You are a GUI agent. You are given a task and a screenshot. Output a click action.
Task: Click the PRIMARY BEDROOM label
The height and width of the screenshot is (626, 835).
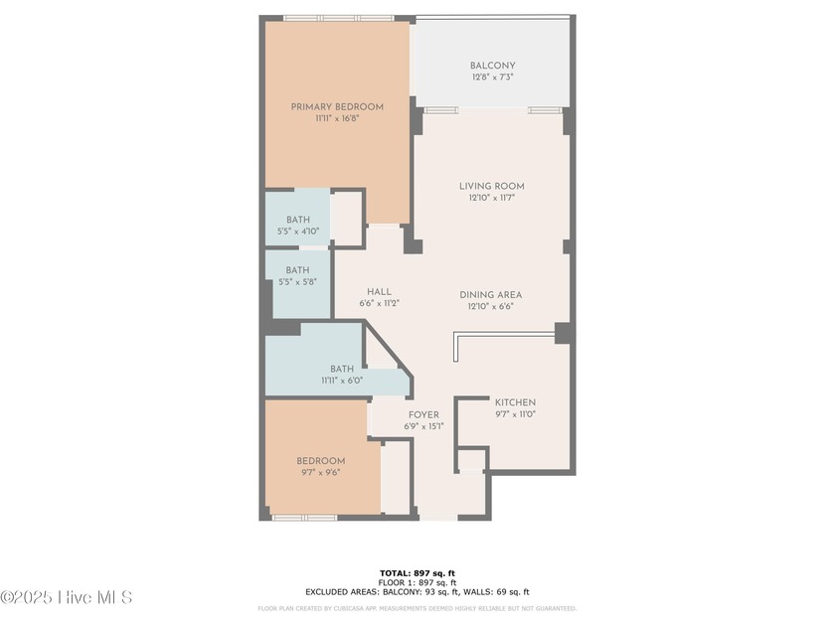pos(336,107)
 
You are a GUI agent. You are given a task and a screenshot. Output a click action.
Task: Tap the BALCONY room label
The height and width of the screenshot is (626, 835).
pos(492,67)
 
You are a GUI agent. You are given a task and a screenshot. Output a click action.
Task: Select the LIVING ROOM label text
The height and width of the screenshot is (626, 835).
pos(491,186)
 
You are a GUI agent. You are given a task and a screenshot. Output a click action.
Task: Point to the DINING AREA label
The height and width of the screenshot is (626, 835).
pos(490,295)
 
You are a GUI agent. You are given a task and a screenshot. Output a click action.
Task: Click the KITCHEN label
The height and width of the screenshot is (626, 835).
pos(515,401)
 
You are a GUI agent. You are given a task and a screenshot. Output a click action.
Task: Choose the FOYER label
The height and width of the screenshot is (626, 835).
pos(423,414)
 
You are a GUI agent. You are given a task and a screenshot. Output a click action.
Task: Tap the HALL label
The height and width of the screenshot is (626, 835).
pos(379,291)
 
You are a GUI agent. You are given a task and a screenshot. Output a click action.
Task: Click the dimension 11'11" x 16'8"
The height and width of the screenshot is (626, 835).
pos(336,118)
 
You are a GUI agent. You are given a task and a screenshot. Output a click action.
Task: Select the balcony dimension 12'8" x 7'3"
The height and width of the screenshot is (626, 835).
pos(492,78)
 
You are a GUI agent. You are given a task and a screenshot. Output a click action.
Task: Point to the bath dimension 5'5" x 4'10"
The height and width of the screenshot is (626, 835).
pos(298,231)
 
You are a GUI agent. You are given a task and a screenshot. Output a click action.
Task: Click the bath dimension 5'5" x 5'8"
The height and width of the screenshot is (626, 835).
pos(297,281)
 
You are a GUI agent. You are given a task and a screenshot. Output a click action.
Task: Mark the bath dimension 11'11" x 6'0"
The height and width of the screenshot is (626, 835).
pos(342,380)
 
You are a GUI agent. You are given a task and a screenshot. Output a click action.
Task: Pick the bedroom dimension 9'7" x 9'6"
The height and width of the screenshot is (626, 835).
pos(321,472)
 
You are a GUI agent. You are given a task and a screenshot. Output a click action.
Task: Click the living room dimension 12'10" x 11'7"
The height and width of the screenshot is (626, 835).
pos(491,198)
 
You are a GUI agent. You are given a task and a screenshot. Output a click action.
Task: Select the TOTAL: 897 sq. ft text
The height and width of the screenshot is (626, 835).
pos(417,573)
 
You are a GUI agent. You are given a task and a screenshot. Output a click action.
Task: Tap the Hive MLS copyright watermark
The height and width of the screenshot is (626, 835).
pos(66,597)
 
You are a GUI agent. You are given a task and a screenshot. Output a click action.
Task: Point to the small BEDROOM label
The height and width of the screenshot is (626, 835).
pos(321,461)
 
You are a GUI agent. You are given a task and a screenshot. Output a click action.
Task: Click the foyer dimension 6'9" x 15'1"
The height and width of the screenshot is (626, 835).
pos(423,426)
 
